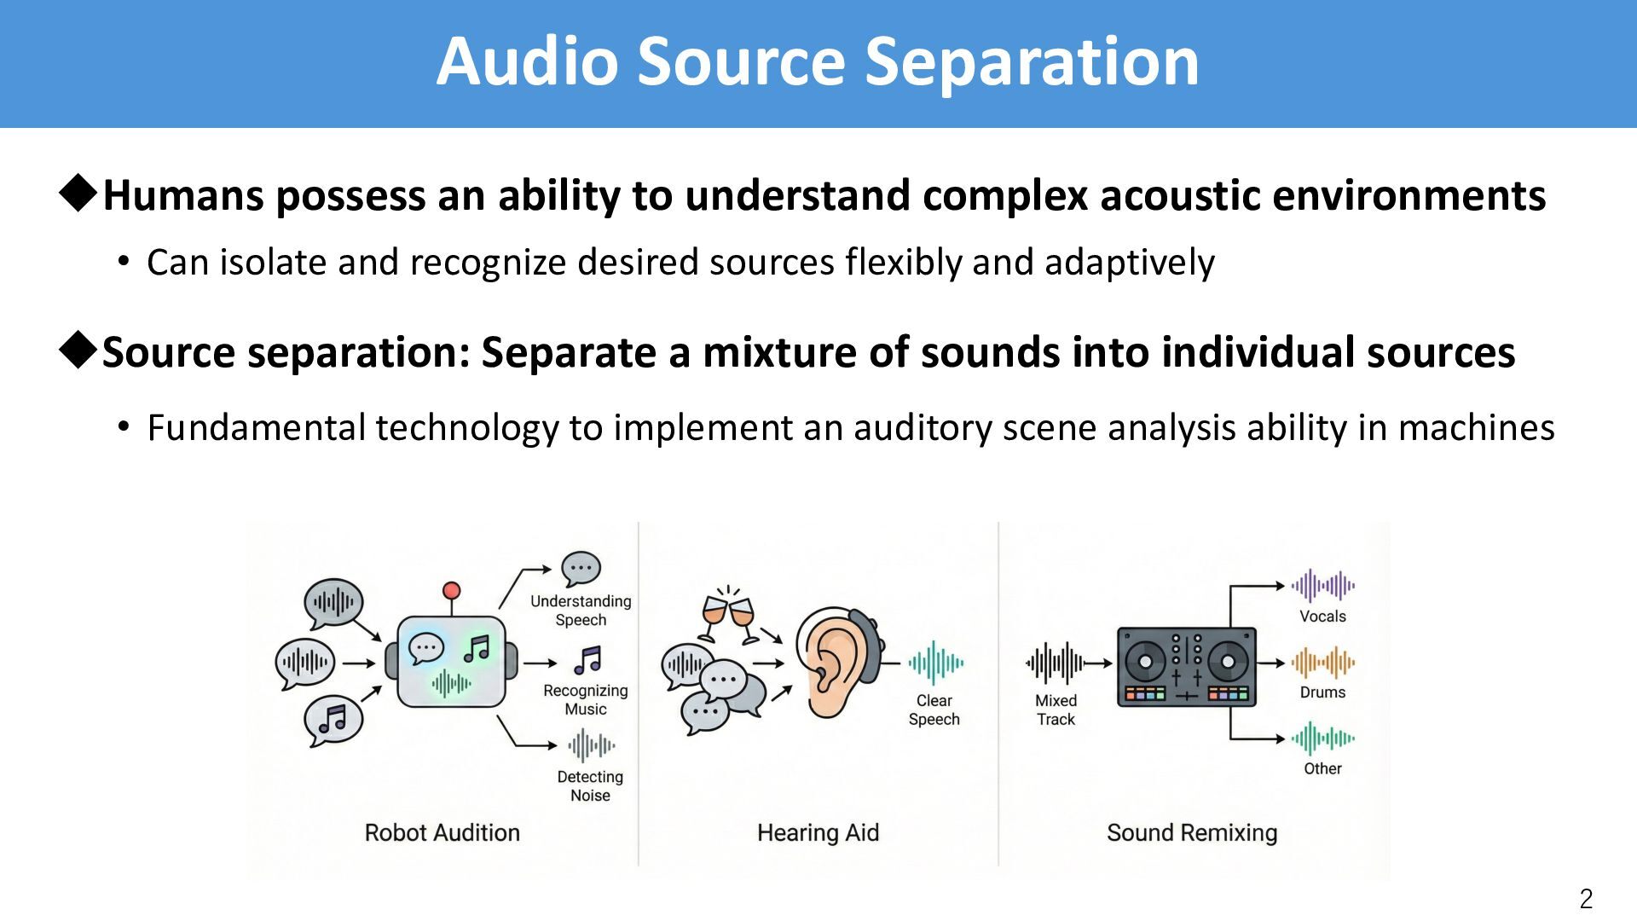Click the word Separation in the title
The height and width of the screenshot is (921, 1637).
pyautogui.click(x=1032, y=62)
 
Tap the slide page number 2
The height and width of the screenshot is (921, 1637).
pyautogui.click(x=1586, y=899)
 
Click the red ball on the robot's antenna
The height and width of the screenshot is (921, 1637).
pyautogui.click(x=452, y=591)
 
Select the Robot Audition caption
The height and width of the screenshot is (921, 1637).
pyautogui.click(x=442, y=832)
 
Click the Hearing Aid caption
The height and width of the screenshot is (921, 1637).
pyautogui.click(x=818, y=832)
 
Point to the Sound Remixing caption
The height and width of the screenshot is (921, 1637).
pyautogui.click(x=1191, y=832)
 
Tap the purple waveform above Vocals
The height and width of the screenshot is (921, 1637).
pyautogui.click(x=1322, y=586)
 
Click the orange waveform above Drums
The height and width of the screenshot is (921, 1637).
pyautogui.click(x=1322, y=663)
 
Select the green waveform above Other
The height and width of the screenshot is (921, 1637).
pyautogui.click(x=1322, y=739)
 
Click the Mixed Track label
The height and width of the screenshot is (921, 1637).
pyautogui.click(x=1056, y=710)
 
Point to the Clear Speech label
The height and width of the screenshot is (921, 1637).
pyautogui.click(x=934, y=710)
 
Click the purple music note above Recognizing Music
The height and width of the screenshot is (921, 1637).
pyautogui.click(x=587, y=659)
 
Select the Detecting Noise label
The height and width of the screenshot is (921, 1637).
pyautogui.click(x=590, y=785)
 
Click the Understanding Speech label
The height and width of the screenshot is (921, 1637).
pyautogui.click(x=581, y=610)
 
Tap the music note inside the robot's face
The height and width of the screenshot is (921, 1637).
pyautogui.click(x=477, y=649)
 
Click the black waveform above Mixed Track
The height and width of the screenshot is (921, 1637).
pyautogui.click(x=1055, y=663)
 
